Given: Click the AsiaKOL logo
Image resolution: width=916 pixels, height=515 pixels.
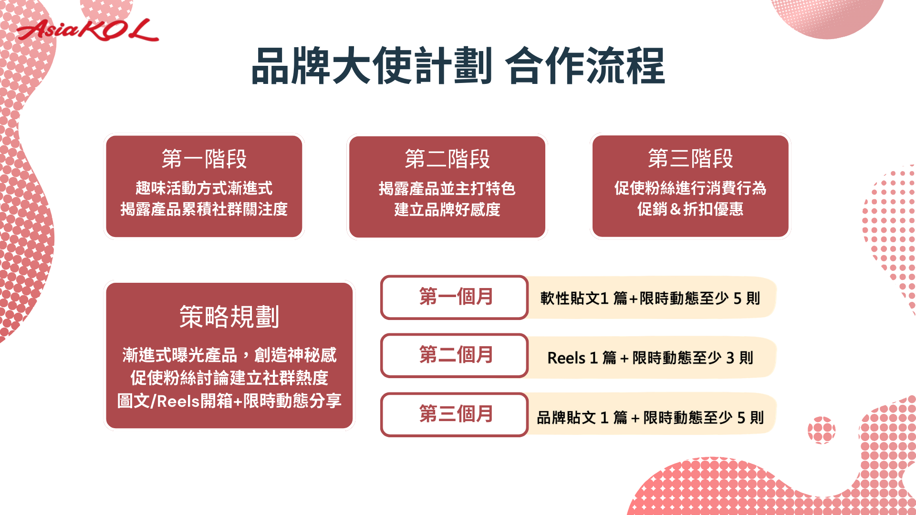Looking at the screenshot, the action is pyautogui.click(x=87, y=30).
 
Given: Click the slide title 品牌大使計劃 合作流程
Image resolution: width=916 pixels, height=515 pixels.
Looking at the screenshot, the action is pyautogui.click(x=458, y=66).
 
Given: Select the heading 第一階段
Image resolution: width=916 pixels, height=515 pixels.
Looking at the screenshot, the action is pyautogui.click(x=204, y=159).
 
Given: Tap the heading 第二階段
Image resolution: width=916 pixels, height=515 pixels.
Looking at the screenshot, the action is pyautogui.click(x=447, y=159).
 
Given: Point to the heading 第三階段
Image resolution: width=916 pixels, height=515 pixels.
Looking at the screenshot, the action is pyautogui.click(x=690, y=158).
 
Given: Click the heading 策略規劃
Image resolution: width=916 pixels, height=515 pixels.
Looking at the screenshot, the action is pyautogui.click(x=229, y=317).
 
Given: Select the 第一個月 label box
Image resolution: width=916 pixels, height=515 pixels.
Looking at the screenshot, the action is pyautogui.click(x=454, y=297).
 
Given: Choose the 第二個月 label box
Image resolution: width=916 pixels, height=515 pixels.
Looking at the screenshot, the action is pyautogui.click(x=454, y=356).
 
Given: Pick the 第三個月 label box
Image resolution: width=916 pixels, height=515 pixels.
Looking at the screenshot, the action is pyautogui.click(x=454, y=414).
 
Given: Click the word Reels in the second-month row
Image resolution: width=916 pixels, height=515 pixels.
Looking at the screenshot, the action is pyautogui.click(x=566, y=358).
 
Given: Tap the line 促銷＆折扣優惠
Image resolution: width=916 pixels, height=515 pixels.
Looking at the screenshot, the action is pyautogui.click(x=690, y=209).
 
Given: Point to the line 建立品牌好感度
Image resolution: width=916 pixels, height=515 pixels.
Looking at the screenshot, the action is pyautogui.click(x=447, y=209).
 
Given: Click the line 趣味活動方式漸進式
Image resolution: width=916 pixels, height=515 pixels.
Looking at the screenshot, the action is pyautogui.click(x=204, y=188).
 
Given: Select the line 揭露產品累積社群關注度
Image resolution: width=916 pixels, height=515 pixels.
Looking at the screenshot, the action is pyautogui.click(x=204, y=209).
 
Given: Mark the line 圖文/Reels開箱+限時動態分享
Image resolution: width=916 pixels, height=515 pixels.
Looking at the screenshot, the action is pyautogui.click(x=229, y=401).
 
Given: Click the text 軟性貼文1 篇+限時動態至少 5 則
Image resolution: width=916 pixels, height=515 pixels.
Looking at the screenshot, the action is pyautogui.click(x=650, y=299).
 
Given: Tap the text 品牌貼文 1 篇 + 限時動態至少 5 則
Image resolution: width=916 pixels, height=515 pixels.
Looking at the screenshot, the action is pyautogui.click(x=650, y=418).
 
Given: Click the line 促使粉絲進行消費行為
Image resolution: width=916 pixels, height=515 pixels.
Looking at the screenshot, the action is pyautogui.click(x=690, y=188).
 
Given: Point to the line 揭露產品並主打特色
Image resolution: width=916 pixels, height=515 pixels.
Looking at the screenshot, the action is pyautogui.click(x=447, y=188).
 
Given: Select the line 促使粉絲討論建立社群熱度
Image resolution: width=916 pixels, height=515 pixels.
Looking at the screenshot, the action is pyautogui.click(x=229, y=378).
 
